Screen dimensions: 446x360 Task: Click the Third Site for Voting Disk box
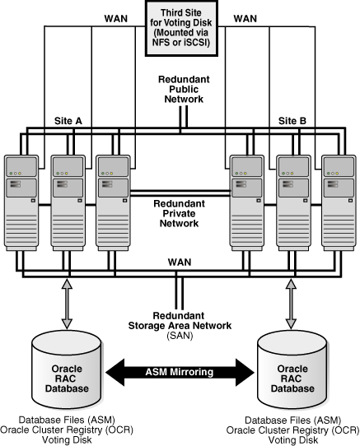pos(180,28)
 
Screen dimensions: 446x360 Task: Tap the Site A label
pos(69,119)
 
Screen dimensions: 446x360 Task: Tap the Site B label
pos(292,119)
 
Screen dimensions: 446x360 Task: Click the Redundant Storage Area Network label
pos(180,322)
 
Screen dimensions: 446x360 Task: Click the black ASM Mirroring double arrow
pos(180,372)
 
